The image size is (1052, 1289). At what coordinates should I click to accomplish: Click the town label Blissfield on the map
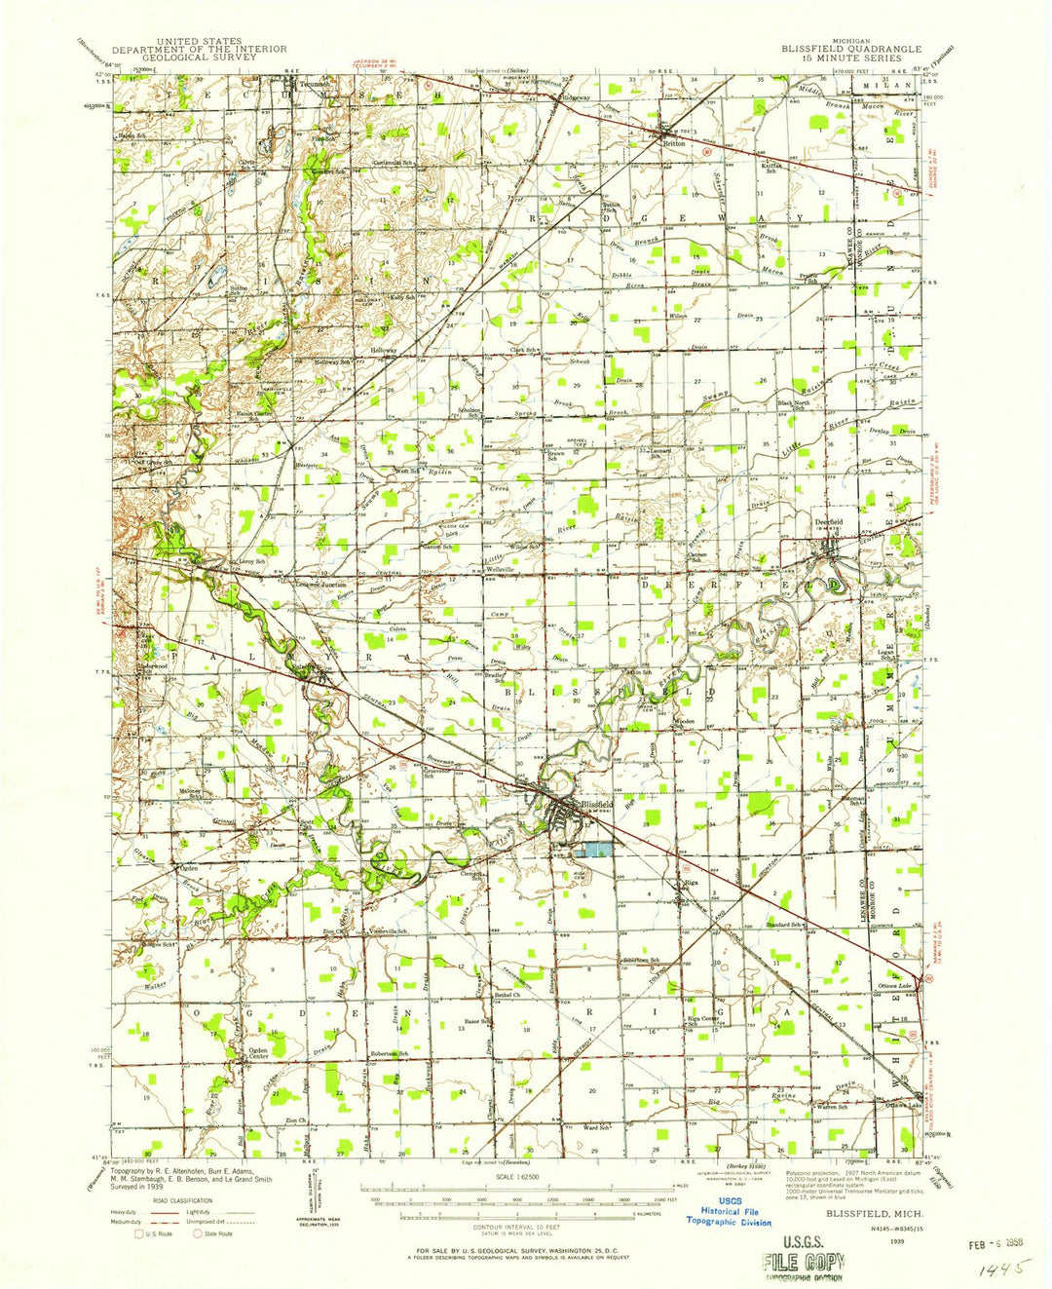point(597,805)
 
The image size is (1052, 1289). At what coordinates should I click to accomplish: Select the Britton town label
point(674,142)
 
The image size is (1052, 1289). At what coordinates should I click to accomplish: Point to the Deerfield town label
point(829,522)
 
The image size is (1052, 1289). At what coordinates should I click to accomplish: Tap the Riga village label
point(691,882)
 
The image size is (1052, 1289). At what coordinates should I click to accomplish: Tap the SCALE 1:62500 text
point(523,1177)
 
